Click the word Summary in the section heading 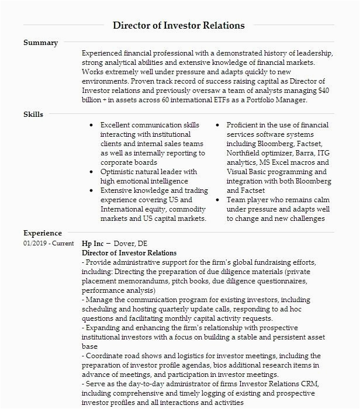click(40, 43)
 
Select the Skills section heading click(33, 114)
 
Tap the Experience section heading click(43, 233)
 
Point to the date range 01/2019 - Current click(49, 243)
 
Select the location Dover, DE click(131, 243)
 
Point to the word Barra click(303, 153)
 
